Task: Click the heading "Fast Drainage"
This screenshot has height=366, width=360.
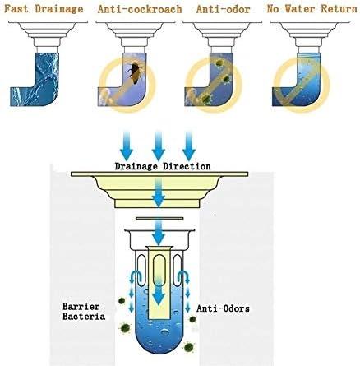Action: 44,9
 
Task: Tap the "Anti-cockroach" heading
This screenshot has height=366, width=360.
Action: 140,9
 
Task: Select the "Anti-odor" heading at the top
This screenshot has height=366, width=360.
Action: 223,9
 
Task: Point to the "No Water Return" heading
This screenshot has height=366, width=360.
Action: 312,9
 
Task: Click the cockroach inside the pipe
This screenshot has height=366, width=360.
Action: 134,72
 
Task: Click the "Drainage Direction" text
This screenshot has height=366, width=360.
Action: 163,166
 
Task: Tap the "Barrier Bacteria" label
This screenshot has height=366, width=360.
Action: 84,311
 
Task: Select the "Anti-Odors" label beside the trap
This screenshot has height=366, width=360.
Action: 223,308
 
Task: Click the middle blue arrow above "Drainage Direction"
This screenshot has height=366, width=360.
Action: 159,146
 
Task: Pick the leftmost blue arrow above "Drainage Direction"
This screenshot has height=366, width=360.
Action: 127,146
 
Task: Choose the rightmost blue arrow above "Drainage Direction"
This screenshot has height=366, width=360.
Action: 189,146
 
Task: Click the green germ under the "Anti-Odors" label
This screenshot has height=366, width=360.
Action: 193,319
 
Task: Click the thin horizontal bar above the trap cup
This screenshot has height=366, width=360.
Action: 159,219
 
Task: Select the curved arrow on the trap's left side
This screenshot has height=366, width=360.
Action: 135,277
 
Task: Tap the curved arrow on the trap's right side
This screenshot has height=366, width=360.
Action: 184,277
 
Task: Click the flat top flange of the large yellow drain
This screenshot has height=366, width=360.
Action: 159,174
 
